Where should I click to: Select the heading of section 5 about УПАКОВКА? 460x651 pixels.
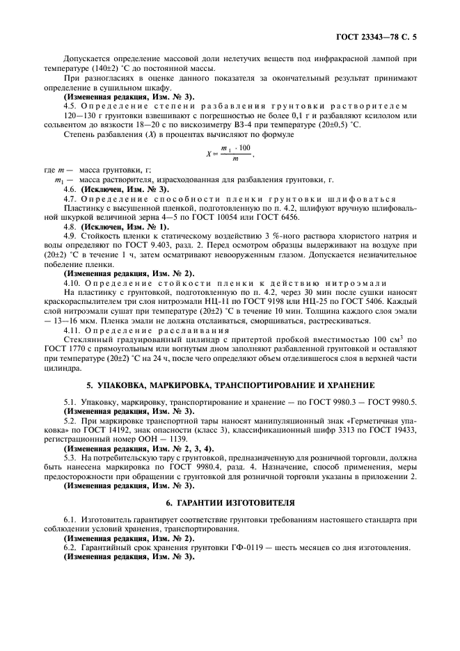pyautogui.click(x=230, y=385)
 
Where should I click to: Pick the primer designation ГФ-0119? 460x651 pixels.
pyautogui.click(x=219, y=547)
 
